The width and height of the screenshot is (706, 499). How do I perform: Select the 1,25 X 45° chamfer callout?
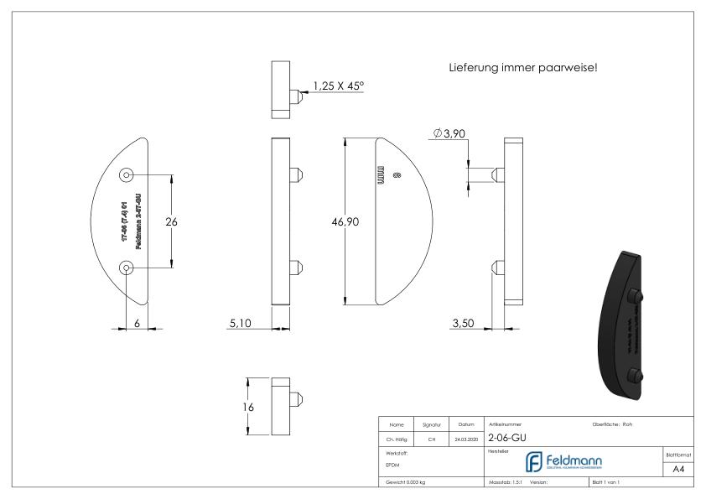click(x=339, y=86)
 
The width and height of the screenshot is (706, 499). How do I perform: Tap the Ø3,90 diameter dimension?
click(x=448, y=134)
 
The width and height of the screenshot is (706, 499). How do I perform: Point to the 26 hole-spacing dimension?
click(x=172, y=222)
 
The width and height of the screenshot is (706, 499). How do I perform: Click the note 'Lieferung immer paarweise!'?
click(x=523, y=67)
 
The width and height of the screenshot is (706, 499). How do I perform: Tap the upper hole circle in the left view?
click(x=127, y=175)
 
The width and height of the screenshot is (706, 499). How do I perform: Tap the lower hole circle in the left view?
click(x=127, y=268)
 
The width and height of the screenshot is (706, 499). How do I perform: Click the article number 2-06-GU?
click(x=507, y=437)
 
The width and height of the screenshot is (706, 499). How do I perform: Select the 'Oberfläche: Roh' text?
click(x=612, y=424)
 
